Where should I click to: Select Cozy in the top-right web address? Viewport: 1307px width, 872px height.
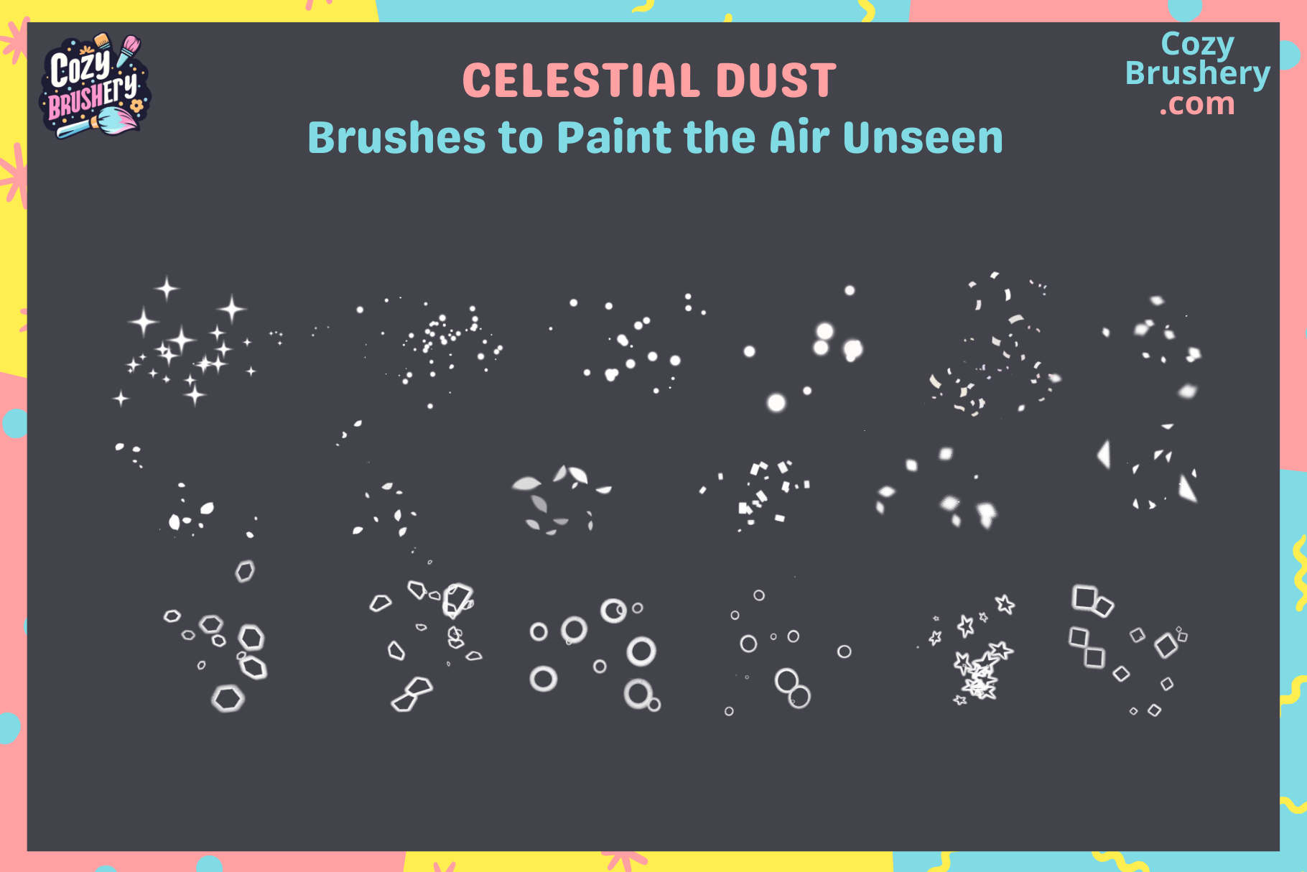click(1197, 45)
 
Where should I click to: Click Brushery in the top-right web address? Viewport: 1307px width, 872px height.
click(1197, 74)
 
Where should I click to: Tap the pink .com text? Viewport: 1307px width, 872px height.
click(1197, 104)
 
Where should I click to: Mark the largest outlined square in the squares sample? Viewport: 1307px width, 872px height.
click(1084, 598)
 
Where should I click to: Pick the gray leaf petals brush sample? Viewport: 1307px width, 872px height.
click(560, 499)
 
